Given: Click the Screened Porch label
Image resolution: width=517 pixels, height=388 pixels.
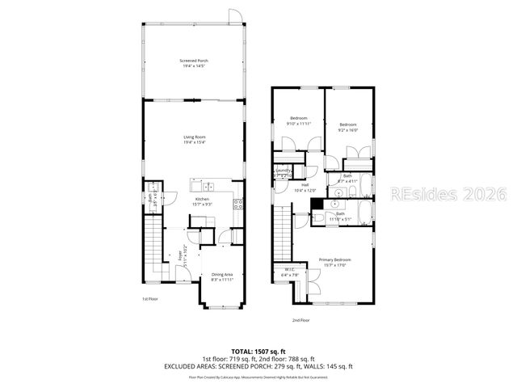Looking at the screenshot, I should click(194, 63).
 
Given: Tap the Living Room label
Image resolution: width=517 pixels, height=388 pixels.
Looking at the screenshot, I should click(194, 139).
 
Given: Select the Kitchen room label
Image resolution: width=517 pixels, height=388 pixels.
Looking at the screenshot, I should click(202, 201).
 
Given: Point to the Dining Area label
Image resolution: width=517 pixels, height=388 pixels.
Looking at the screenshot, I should click(223, 276).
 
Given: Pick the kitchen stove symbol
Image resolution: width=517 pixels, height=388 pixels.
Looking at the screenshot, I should click(238, 203).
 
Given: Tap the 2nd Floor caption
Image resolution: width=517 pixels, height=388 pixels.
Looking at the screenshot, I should click(324, 320).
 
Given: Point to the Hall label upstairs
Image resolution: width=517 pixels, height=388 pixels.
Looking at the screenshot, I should click(305, 188).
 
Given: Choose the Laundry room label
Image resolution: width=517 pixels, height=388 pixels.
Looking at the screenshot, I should click(284, 172).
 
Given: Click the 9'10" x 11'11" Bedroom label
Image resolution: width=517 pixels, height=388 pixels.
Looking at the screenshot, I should click(299, 121).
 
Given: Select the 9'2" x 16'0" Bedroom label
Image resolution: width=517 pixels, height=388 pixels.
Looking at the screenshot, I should click(348, 126).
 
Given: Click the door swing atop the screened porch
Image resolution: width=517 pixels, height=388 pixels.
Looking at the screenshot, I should click(233, 16).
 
